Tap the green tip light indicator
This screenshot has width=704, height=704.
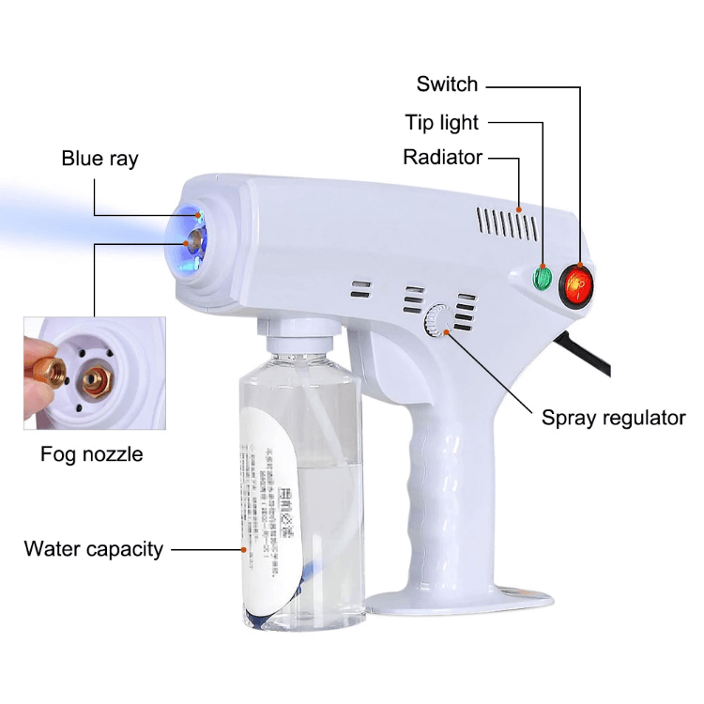point(543,277)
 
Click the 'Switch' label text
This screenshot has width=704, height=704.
point(447,84)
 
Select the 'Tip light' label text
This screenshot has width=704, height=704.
point(441,122)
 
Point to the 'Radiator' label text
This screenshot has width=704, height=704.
point(442,157)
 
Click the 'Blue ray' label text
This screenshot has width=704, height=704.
point(99,158)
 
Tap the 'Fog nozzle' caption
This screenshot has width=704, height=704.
point(91,454)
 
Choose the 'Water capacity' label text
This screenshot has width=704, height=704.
point(93,548)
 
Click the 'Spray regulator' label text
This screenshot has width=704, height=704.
point(613,418)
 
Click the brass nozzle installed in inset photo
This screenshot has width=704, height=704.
point(94,379)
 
